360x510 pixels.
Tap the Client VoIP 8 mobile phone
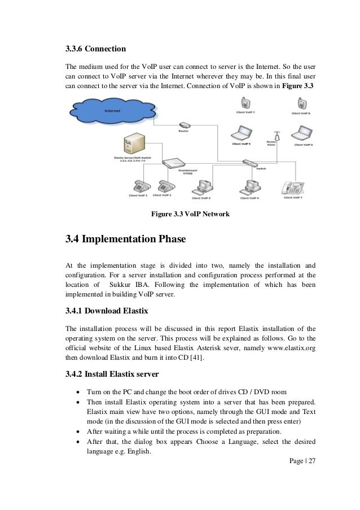[x=300, y=103]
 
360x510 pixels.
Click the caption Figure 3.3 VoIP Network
[x=190, y=214]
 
